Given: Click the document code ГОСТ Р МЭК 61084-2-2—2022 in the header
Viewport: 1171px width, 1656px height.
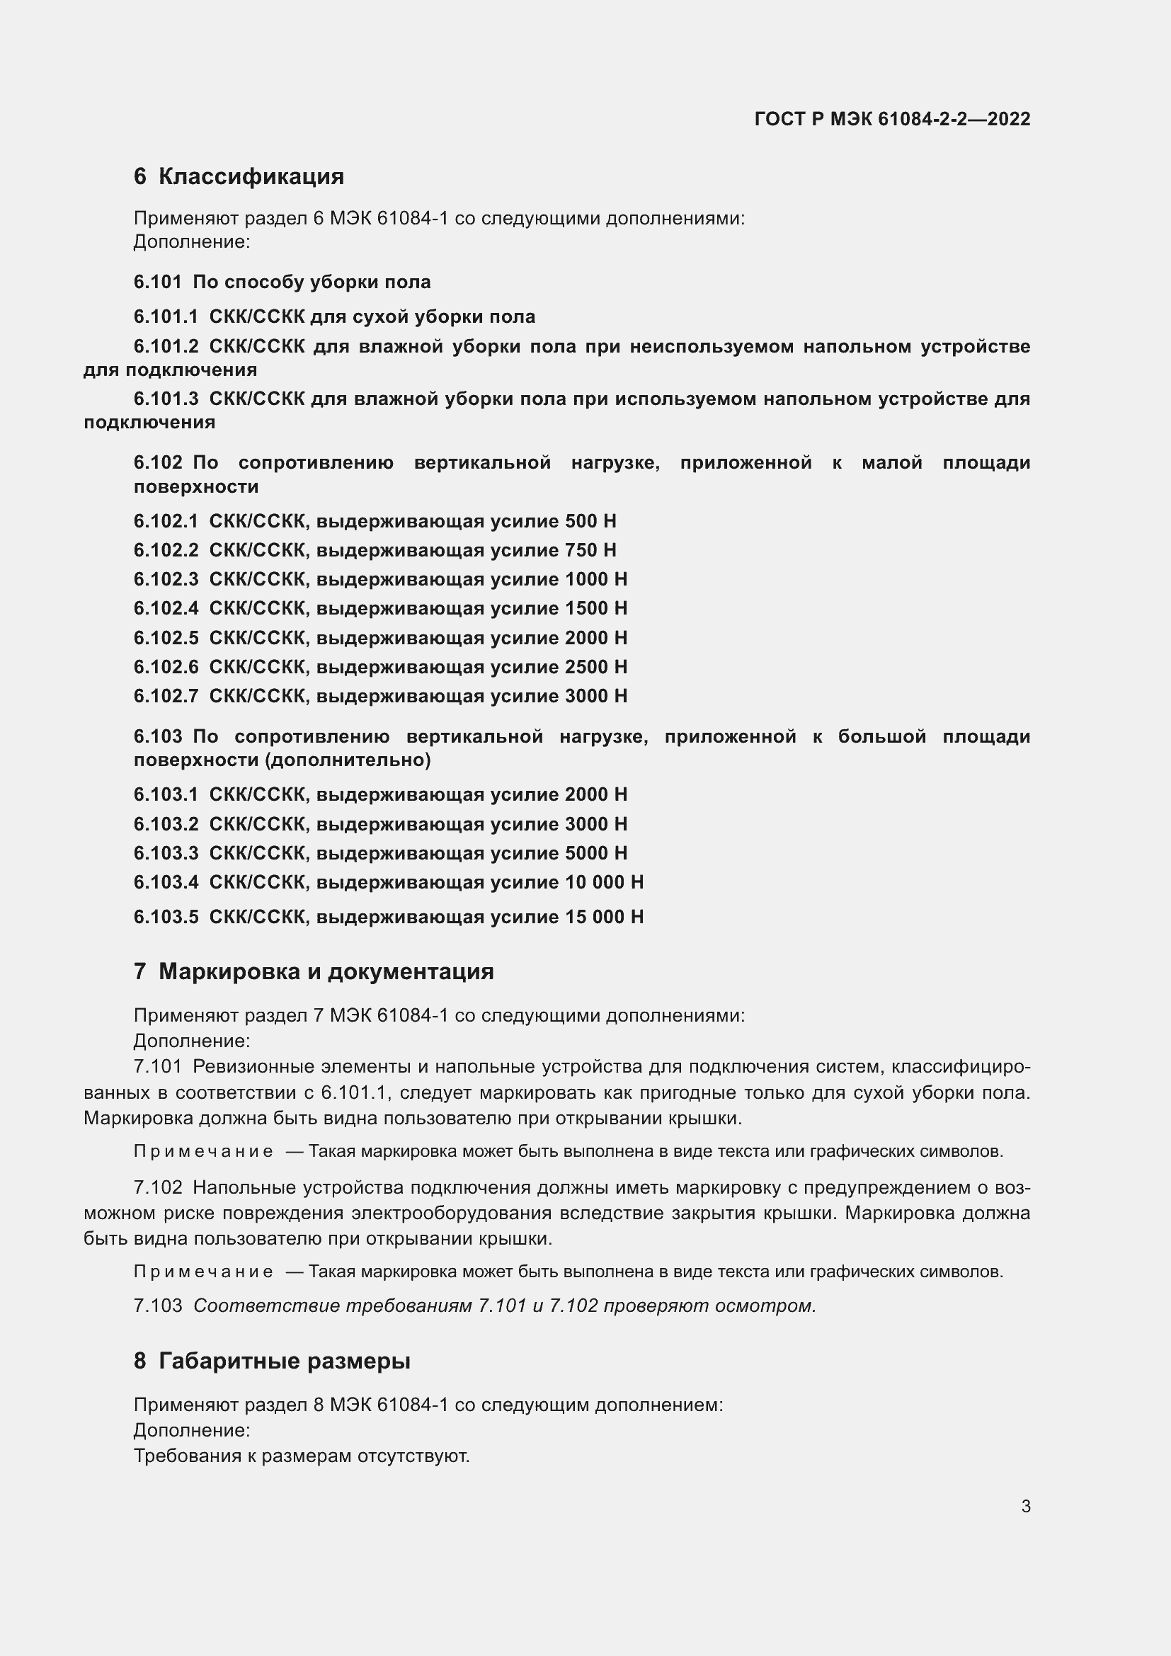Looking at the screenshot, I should [892, 119].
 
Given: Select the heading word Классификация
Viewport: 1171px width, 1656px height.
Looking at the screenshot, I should [251, 177].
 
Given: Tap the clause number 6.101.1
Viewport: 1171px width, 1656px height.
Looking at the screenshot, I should [165, 316].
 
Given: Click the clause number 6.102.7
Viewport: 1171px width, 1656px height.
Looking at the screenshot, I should [165, 696].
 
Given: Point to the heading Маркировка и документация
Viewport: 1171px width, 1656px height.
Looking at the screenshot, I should [326, 971].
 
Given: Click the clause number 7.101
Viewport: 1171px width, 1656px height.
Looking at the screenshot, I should [157, 1066].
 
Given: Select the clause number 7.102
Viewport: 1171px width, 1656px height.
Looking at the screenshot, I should [157, 1187].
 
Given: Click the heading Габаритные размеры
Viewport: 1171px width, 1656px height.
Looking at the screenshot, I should [284, 1361].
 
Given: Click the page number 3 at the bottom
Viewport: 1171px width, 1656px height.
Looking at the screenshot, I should [1025, 1506].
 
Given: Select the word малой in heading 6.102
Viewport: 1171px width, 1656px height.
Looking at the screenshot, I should [892, 462].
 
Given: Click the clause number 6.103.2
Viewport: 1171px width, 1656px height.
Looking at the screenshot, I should [165, 823].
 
